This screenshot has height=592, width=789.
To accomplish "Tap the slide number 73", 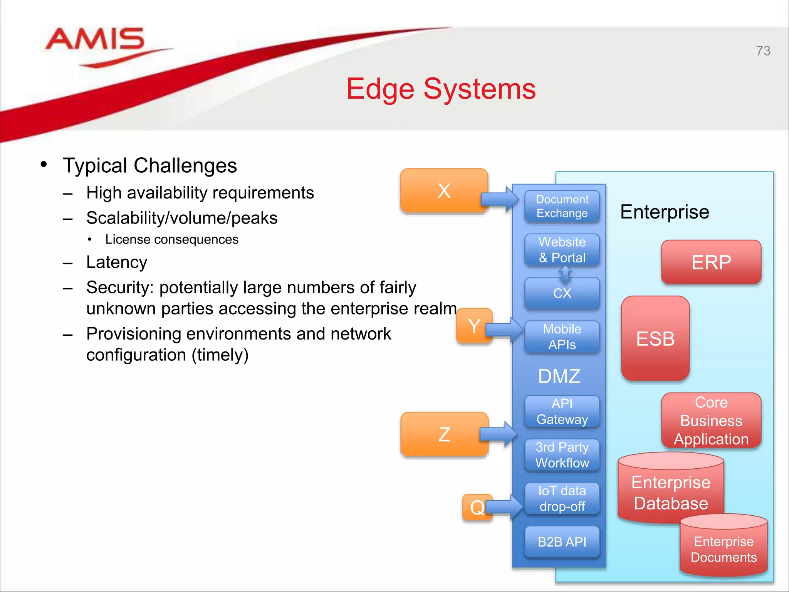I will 763,51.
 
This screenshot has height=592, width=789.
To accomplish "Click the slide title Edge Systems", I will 441,89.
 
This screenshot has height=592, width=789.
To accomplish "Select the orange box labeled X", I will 444,190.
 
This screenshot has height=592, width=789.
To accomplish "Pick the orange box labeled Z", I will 444,434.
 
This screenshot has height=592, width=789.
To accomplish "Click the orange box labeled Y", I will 474,326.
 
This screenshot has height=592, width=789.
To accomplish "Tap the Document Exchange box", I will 562,206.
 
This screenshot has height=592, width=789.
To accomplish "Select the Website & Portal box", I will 562,250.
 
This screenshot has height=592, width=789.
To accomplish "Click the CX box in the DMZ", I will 562,293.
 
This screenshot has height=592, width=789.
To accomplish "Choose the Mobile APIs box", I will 562,337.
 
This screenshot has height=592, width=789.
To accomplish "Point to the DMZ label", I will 559,376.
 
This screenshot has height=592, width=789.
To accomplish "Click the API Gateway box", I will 562,411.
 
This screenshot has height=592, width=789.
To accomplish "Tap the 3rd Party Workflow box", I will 562,455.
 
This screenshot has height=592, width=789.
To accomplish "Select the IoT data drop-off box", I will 562,498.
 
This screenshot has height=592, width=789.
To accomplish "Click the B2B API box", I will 562,542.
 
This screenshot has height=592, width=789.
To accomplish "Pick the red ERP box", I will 711,262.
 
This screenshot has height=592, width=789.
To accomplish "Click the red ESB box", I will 655,339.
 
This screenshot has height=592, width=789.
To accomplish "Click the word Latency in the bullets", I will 116,262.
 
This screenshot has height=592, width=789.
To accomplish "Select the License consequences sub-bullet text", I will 171,239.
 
